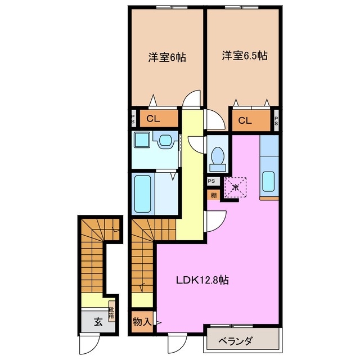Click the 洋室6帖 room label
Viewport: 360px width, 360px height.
(168, 57)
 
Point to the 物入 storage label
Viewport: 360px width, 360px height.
(142, 322)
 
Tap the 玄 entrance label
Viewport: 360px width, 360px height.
(97, 322)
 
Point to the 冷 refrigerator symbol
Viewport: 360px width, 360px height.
(236, 184)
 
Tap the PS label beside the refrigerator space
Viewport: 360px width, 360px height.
(211, 181)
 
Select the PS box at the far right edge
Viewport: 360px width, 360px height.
(276, 120)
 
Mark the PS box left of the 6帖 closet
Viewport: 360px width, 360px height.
(133, 119)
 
